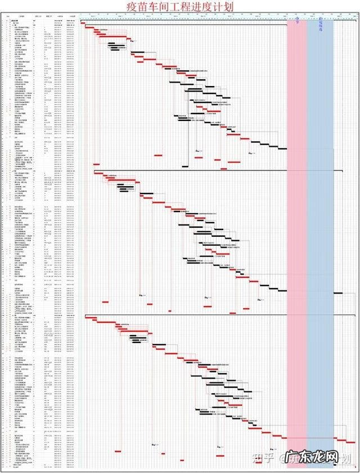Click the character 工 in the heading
coord(179,6)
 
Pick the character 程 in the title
coord(191,6)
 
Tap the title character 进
coord(204,6)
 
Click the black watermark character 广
coord(292,458)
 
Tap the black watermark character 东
coord(308,458)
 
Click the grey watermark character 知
coord(255,458)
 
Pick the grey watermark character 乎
coord(267,458)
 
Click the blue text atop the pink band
coord(296,22)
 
